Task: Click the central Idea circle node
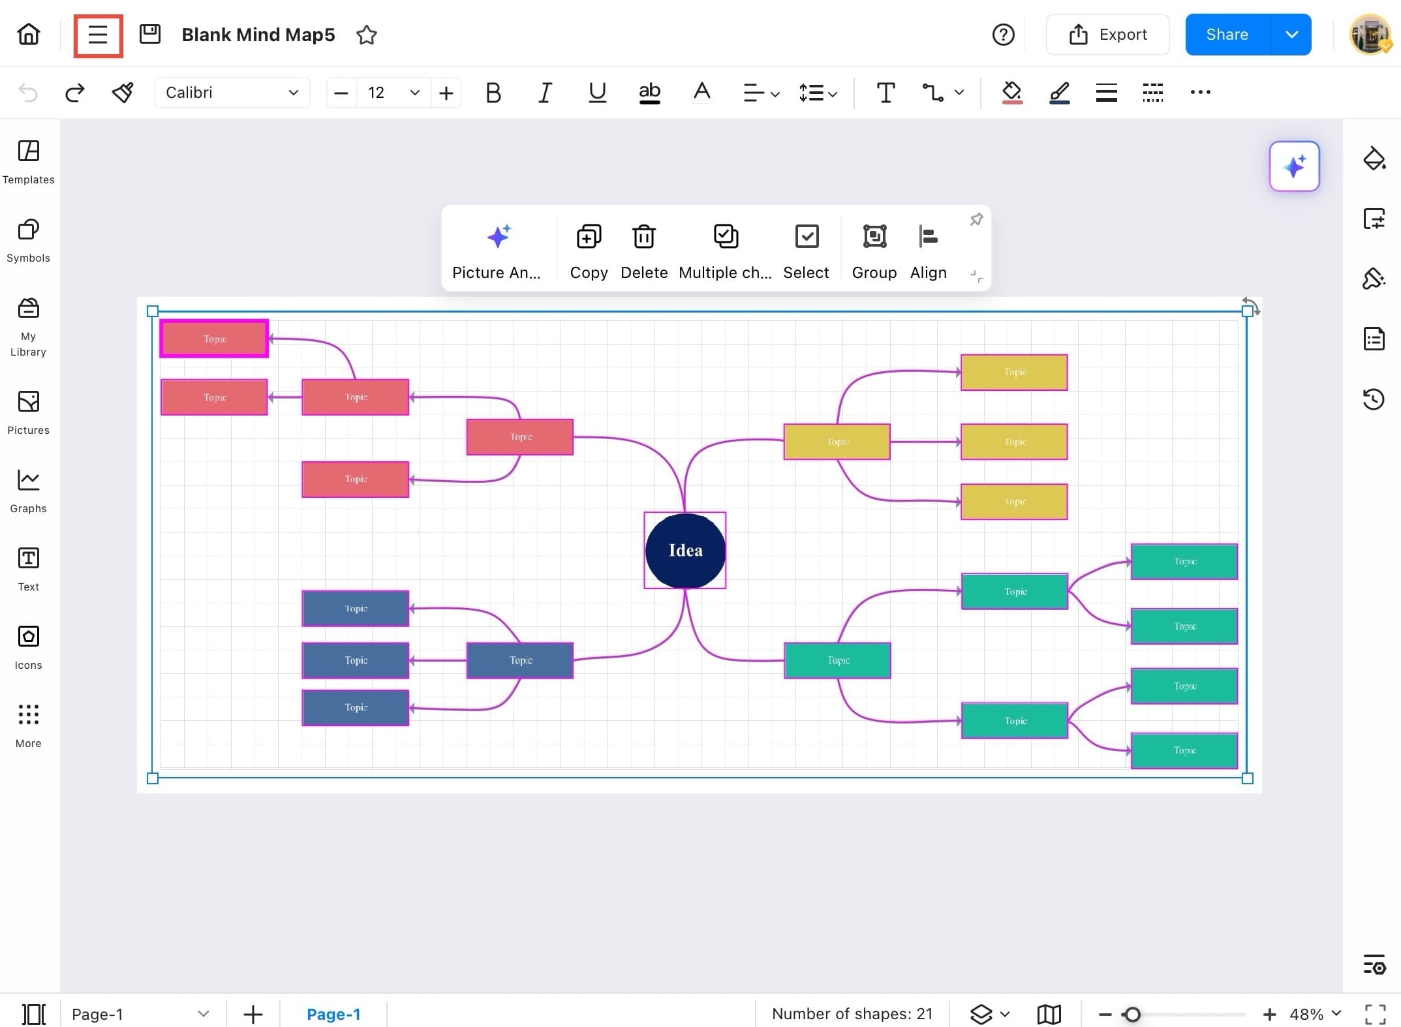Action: pos(685,550)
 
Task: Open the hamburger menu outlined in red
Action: pos(98,35)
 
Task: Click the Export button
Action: pos(1107,35)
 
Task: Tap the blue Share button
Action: pos(1227,35)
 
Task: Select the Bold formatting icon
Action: pos(493,93)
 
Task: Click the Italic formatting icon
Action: pos(545,93)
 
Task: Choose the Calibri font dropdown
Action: pos(232,93)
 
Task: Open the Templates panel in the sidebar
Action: pos(29,162)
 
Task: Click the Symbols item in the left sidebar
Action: pos(29,240)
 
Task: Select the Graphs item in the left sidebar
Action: pos(29,491)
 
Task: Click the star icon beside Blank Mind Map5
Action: pos(367,35)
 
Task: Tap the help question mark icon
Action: pos(1003,35)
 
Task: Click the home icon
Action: pos(29,34)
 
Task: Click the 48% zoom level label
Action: pos(1306,1014)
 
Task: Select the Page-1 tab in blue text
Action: pos(333,1014)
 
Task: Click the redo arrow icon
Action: pos(75,93)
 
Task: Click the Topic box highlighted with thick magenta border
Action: pos(214,339)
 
